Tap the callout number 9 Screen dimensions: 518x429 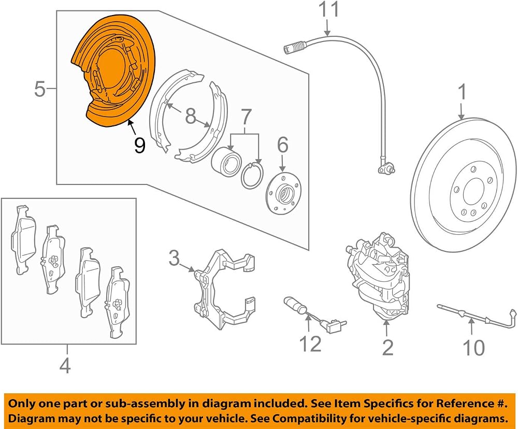139,146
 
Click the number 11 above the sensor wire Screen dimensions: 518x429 329,9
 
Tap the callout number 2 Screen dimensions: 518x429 387,347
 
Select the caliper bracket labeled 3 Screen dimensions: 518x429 224,290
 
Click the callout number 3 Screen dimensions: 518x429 174,258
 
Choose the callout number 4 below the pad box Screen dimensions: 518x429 65,366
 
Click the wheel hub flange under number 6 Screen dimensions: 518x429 284,192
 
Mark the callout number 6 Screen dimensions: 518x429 282,145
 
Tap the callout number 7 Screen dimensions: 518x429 246,117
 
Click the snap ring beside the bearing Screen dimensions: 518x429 253,175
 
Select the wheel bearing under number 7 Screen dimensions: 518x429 226,161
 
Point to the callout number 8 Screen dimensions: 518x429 191,117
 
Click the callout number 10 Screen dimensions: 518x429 474,347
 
